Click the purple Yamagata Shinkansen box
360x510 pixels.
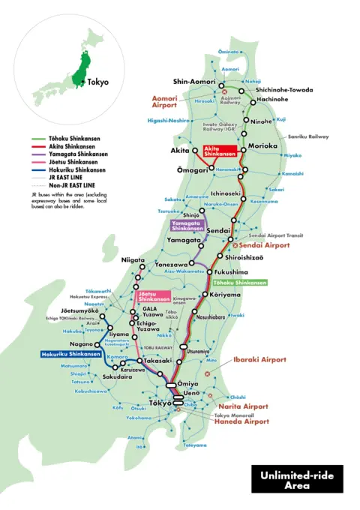click(x=187, y=226)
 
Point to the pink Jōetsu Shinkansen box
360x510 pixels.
click(x=153, y=296)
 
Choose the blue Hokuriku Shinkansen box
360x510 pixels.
click(x=69, y=353)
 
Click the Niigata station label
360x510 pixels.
click(x=133, y=259)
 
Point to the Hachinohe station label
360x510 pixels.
click(x=271, y=98)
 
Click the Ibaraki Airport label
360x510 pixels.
click(x=259, y=360)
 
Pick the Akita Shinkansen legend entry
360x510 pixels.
click(x=72, y=146)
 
